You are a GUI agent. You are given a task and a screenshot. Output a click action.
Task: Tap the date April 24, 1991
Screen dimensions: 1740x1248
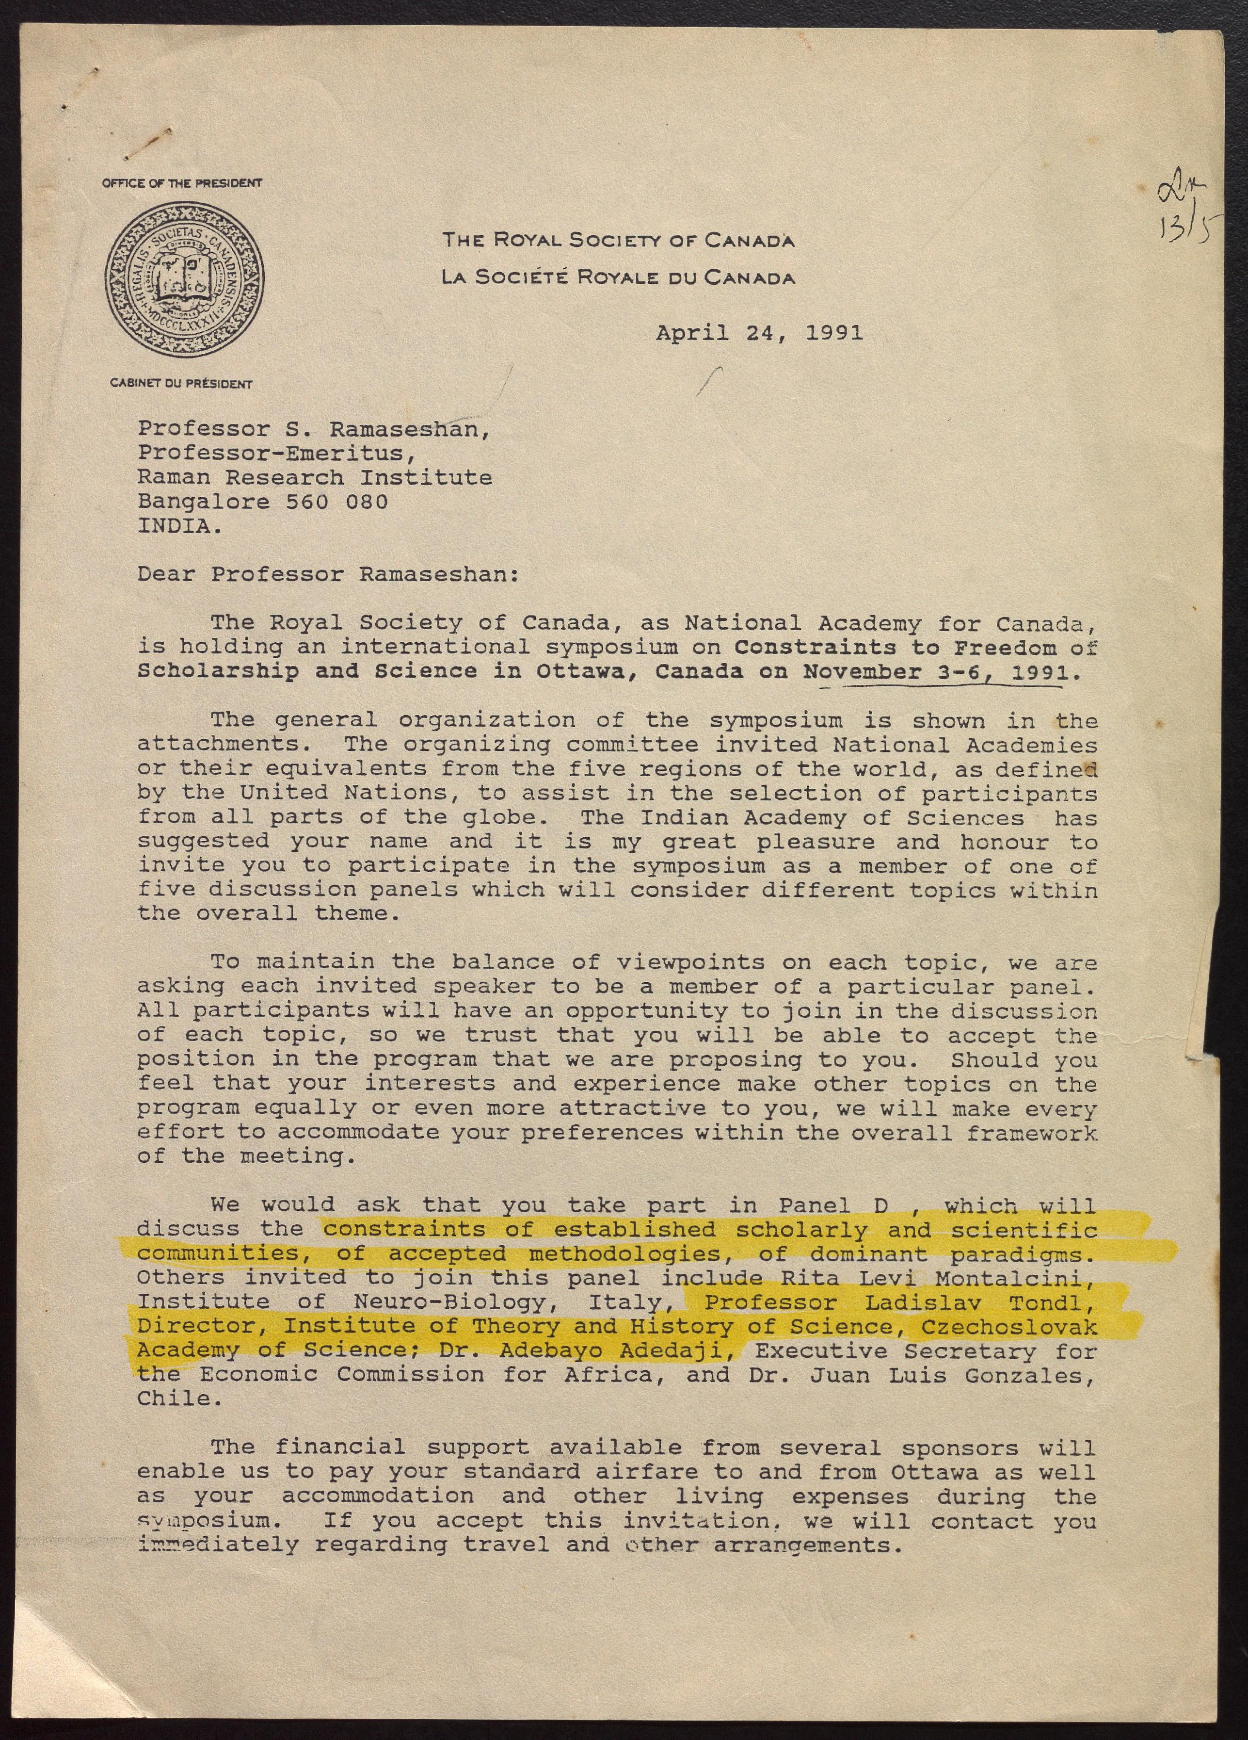tap(759, 332)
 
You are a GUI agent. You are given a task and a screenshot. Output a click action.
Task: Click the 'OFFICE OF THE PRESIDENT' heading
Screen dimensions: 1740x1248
tap(182, 183)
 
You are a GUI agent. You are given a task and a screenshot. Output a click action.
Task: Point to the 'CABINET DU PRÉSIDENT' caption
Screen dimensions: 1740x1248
tap(181, 384)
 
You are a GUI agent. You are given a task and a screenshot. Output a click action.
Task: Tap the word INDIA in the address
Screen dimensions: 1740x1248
tap(175, 526)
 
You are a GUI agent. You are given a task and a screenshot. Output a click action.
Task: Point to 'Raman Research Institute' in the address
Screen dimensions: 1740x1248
tap(315, 477)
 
